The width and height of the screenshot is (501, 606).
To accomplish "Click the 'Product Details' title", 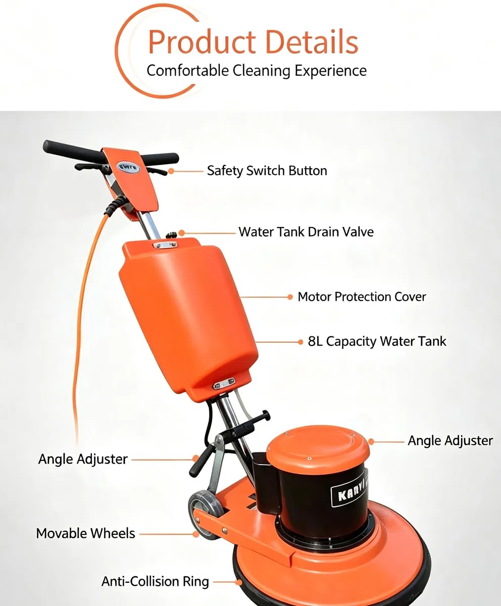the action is [253, 42].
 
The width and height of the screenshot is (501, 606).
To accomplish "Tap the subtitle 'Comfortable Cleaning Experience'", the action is [257, 71].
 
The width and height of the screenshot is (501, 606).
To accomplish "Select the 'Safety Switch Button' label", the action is [267, 171].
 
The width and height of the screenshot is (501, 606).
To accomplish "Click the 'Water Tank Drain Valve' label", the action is [306, 232].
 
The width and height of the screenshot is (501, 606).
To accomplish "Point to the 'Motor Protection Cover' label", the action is [362, 296].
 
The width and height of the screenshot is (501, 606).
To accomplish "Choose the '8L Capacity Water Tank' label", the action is [377, 341].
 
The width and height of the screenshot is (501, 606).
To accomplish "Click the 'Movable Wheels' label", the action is [86, 533].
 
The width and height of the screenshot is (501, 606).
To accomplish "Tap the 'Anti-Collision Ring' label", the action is [155, 581].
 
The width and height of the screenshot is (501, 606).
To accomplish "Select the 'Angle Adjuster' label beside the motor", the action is [450, 440].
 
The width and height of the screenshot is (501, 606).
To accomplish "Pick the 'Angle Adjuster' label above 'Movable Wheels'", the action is [83, 460].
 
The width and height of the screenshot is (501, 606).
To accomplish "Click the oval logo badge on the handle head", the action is [128, 168].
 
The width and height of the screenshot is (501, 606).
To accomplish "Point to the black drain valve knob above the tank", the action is [171, 234].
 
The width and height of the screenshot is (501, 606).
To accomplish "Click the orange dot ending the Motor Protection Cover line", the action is [290, 297].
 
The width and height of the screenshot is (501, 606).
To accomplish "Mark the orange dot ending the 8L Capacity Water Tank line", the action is [300, 342].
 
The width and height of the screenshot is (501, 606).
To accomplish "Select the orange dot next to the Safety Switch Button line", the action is [171, 171].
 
